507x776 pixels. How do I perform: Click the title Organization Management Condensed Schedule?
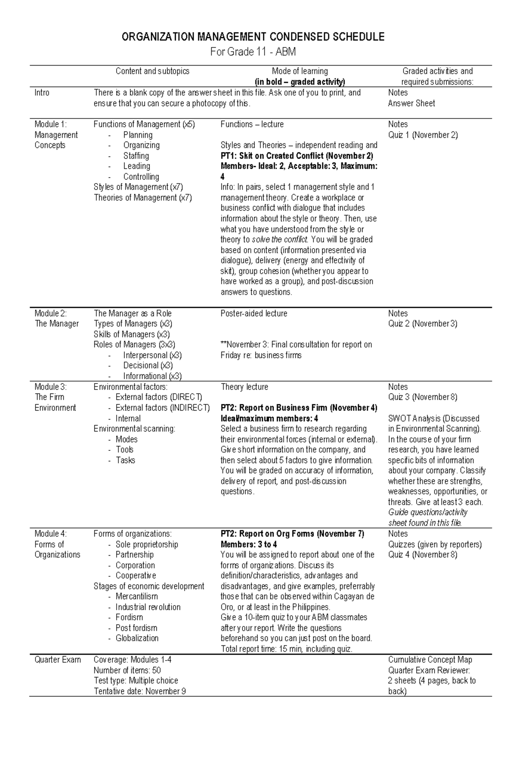[253, 37]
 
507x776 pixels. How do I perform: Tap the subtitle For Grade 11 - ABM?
[253, 52]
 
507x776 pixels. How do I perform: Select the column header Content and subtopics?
[153, 71]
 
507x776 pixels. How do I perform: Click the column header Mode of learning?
[300, 71]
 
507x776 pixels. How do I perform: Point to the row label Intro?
[42, 93]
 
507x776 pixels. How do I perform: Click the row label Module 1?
[51, 124]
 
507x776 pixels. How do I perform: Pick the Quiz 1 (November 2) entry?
[423, 135]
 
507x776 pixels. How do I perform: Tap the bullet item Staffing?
[136, 156]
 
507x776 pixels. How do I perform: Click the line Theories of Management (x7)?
[143, 198]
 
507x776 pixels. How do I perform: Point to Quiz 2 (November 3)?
[422, 324]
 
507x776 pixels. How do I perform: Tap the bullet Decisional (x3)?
[148, 365]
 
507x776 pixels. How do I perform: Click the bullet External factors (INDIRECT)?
[163, 408]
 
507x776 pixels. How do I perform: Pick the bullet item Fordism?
[129, 617]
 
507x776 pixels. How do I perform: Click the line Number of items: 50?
[127, 670]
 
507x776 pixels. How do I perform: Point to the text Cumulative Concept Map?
[430, 660]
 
